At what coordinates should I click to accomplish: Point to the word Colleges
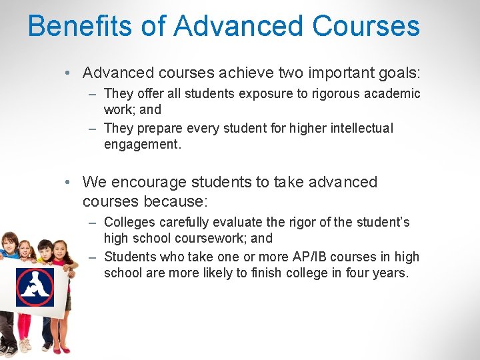coord(131,222)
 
